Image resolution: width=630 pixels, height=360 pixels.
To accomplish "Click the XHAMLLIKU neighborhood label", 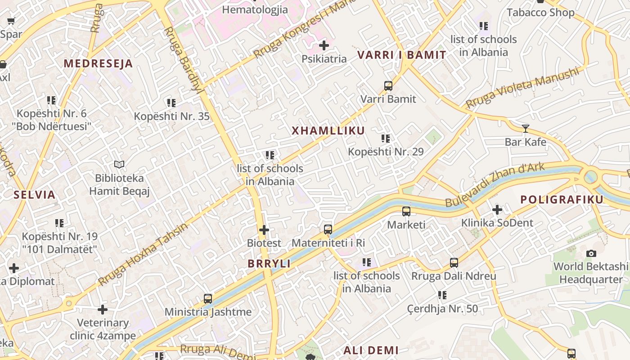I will click(328, 131).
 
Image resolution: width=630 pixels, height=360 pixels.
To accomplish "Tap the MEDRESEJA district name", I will click(98, 63).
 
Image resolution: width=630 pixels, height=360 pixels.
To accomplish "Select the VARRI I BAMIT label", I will click(402, 55).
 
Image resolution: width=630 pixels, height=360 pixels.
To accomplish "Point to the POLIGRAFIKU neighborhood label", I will click(562, 200).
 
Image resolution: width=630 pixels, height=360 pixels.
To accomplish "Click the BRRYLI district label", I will click(269, 264).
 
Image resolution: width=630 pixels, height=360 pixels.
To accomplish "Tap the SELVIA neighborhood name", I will click(34, 195).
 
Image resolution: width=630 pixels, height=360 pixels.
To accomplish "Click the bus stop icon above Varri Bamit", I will click(388, 86).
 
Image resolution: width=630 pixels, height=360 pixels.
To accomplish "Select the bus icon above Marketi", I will click(406, 211).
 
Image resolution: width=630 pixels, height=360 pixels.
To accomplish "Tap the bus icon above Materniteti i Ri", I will click(328, 229).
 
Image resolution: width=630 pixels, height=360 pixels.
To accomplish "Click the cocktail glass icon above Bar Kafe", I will click(525, 129).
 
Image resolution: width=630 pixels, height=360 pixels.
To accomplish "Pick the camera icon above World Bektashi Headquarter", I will click(591, 253).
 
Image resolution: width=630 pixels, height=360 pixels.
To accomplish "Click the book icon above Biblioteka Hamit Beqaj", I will click(119, 165).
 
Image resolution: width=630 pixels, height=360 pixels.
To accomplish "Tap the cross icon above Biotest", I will click(264, 230).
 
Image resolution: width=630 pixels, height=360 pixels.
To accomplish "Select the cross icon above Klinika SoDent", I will click(497, 210).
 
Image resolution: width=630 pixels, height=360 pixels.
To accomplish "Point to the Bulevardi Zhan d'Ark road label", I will click(495, 185).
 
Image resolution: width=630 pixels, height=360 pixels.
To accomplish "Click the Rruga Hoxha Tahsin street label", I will click(143, 254).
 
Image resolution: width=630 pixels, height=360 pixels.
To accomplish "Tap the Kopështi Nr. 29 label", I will click(386, 152).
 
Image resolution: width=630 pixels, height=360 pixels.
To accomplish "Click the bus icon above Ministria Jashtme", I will click(207, 298).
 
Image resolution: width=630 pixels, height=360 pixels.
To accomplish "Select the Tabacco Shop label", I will click(540, 12).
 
